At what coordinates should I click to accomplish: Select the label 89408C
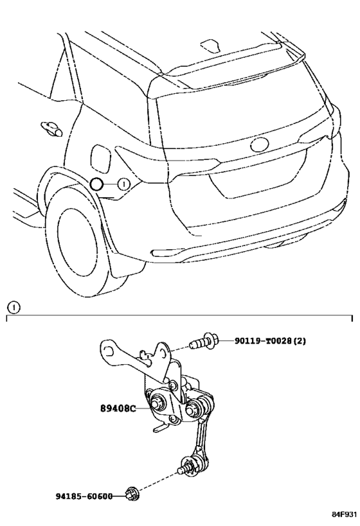coord(118,408)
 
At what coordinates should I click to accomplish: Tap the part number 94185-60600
coord(84,496)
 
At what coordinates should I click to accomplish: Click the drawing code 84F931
coord(345,514)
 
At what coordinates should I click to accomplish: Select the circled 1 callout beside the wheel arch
coord(123,184)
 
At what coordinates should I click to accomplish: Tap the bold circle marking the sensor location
coord(96,184)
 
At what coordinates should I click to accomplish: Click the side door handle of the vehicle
coord(51,129)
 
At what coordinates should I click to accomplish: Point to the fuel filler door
coord(100,159)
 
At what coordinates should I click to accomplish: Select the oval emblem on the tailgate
coord(259,145)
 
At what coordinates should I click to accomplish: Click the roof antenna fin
coord(210,46)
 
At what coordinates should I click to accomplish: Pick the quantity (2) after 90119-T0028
coord(300,341)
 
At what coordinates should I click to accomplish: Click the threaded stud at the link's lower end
coord(183,469)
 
